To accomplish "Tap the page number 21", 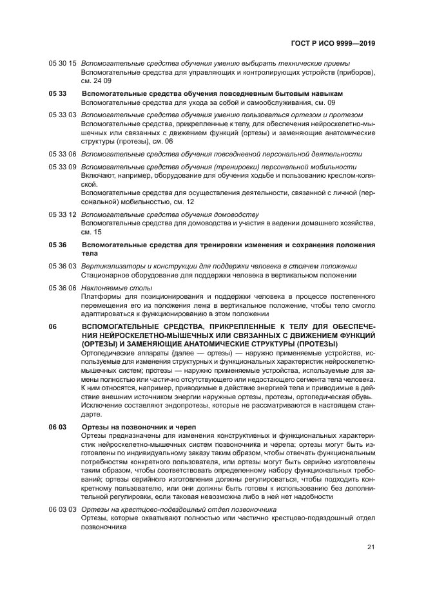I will point(371,547).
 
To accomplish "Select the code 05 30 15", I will point(63,63).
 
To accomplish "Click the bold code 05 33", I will point(57,94).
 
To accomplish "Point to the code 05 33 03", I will point(63,115).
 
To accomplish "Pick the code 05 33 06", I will point(63,154).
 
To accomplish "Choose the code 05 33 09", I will point(63,167).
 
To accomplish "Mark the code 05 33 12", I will point(63,214).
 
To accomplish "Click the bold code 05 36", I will point(57,245).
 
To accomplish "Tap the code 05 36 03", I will point(63,266).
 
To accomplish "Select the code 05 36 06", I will point(63,288).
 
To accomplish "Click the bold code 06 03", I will point(57,427).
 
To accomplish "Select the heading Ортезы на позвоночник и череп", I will point(139,427).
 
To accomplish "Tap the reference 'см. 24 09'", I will point(96,81).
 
